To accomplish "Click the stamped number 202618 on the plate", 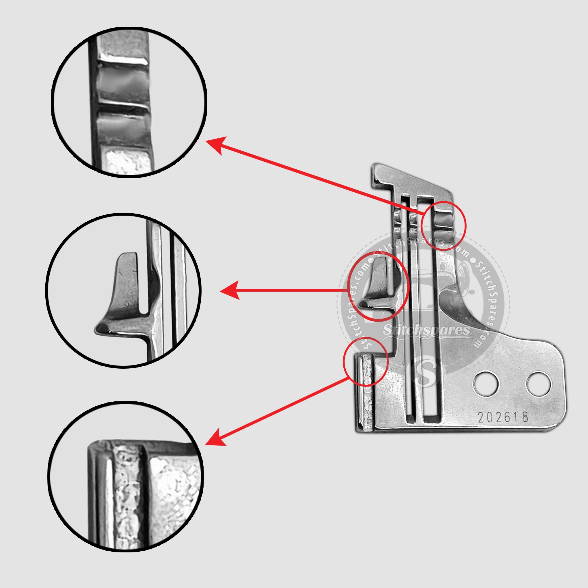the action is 503,417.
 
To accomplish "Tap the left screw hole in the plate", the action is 487,384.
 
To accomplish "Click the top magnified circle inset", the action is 129,102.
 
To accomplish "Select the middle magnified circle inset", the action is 123,291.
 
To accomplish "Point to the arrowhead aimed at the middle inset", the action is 230,291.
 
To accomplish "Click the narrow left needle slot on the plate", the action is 409,307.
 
